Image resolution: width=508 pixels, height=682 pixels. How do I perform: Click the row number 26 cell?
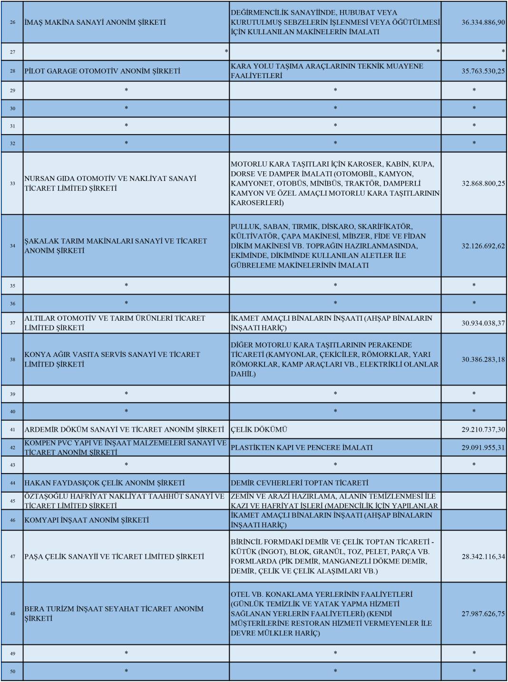point(12,22)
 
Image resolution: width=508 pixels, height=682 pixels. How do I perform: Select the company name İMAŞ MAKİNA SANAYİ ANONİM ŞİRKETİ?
point(95,22)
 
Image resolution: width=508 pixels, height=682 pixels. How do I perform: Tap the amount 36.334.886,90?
point(483,22)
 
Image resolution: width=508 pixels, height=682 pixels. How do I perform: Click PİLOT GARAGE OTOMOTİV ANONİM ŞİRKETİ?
point(102,71)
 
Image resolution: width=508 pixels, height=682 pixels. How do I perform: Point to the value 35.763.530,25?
point(483,71)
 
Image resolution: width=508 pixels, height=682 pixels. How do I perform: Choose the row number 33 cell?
point(12,183)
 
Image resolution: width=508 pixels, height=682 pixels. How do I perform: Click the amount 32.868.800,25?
point(483,183)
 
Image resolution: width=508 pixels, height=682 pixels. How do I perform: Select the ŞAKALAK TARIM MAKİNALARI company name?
point(116,246)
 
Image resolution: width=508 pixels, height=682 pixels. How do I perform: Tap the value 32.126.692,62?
point(483,246)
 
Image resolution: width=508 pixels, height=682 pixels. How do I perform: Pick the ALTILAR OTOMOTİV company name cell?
point(115,323)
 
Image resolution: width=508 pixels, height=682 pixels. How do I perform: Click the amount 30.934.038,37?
point(483,323)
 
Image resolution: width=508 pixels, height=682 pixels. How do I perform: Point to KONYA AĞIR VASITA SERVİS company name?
point(112,359)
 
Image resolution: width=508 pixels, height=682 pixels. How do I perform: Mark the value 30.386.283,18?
point(483,359)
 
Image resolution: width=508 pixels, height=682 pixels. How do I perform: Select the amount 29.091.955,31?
point(483,447)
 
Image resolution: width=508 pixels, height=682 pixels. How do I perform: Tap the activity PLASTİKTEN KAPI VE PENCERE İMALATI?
point(302,447)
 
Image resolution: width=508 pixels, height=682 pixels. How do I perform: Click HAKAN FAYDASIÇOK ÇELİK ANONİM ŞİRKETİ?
point(105,483)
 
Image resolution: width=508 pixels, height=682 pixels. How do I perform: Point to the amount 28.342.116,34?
point(483,556)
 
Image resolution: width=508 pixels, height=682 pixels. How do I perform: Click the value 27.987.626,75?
point(483,613)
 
